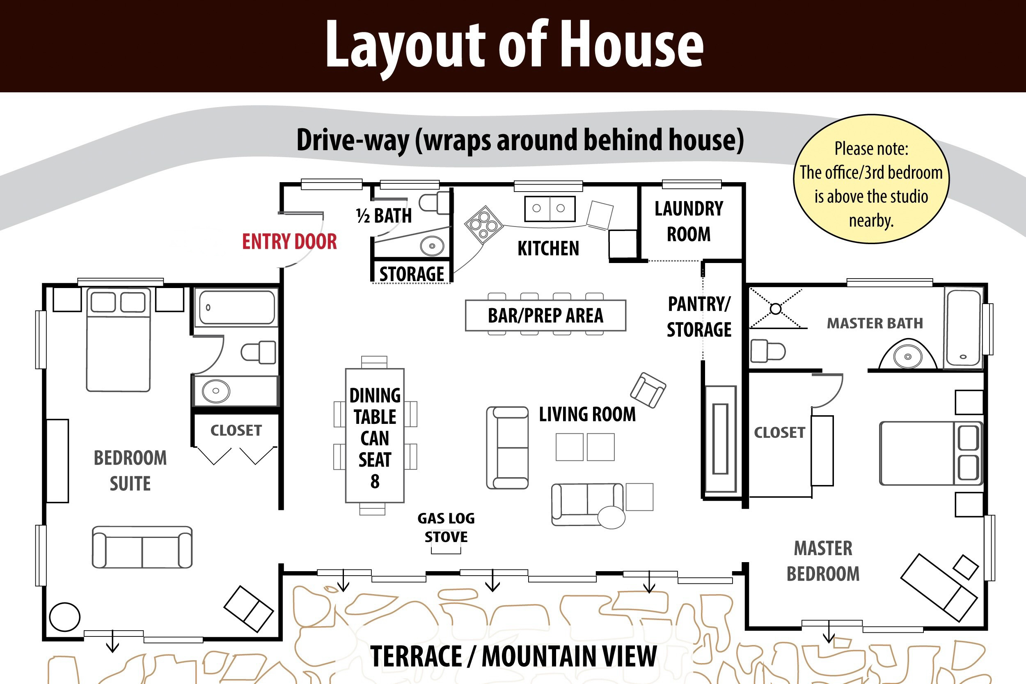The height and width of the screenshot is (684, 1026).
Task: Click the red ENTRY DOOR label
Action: point(290,242)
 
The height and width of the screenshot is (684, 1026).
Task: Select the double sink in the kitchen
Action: point(550,209)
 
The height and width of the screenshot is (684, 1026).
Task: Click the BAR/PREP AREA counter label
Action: point(545,316)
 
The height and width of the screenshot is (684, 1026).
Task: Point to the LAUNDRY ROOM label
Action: point(689,221)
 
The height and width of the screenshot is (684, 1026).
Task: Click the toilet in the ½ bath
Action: point(434,202)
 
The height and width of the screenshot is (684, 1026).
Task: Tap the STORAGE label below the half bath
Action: point(411,274)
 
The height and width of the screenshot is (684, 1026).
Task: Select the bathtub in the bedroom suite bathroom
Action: point(236,308)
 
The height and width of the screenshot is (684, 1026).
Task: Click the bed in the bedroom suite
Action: point(118,339)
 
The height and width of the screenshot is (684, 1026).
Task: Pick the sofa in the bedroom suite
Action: point(142,547)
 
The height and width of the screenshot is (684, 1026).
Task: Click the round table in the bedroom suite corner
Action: point(65,617)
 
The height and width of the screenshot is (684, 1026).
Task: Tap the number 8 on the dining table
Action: point(375,482)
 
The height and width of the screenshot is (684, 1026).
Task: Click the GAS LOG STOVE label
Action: point(446,527)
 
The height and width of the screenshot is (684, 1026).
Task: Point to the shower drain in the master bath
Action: point(776,309)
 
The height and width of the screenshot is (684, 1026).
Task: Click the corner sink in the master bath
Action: point(907,354)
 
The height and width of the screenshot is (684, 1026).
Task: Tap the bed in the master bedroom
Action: point(931,453)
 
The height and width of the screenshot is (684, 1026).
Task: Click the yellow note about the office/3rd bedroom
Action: point(871,179)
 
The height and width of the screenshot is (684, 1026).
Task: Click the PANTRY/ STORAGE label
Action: point(699,317)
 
